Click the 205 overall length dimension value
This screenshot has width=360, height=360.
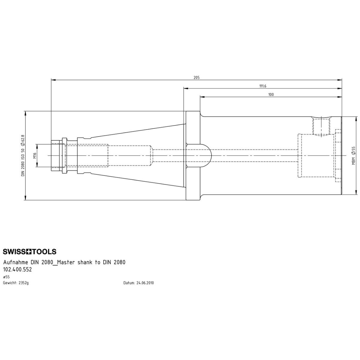pyautogui.click(x=196, y=77)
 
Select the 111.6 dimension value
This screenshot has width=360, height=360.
pyautogui.click(x=263, y=86)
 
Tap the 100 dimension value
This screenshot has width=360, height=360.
pyautogui.click(x=271, y=94)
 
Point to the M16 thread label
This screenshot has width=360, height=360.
pyautogui.click(x=35, y=155)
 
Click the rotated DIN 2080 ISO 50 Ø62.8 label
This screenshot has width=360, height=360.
pyautogui.click(x=23, y=156)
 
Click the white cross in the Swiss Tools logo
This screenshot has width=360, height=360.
pyautogui.click(x=29, y=252)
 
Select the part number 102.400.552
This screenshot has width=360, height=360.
pyautogui.click(x=18, y=270)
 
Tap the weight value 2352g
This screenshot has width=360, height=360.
pyautogui.click(x=23, y=283)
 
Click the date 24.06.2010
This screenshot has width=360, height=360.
pyautogui.click(x=145, y=283)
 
